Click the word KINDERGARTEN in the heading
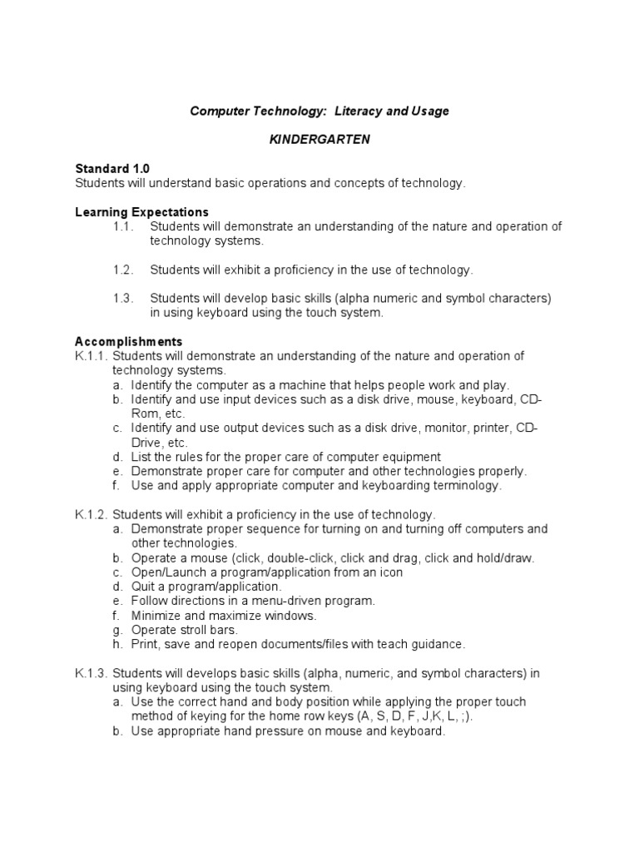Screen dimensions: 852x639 pos(319,140)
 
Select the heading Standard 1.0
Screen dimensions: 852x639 pos(112,168)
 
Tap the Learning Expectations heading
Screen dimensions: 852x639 pos(141,212)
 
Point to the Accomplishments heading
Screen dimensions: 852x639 pos(128,341)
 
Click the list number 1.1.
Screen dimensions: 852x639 pos(123,226)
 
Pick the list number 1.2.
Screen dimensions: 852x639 pos(123,270)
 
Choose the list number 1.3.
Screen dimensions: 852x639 pos(123,298)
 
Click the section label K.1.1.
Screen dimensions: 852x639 pos(91,356)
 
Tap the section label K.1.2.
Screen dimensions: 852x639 pos(91,515)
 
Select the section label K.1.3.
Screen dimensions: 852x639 pos(91,672)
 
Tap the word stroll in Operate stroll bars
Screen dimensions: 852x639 pos(194,630)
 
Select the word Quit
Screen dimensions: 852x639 pos(144,587)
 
